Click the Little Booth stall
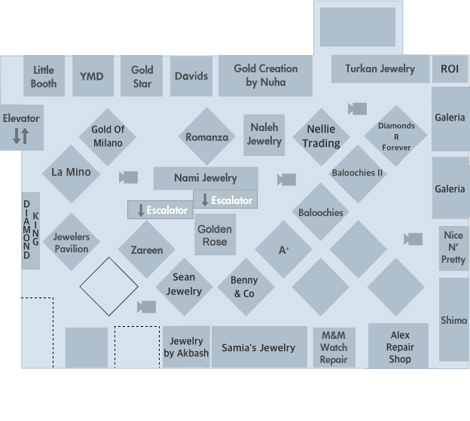click(x=44, y=77)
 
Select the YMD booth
click(x=93, y=77)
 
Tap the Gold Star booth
click(x=142, y=77)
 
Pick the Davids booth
click(x=191, y=77)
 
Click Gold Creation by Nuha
click(x=265, y=75)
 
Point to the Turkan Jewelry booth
click(x=380, y=69)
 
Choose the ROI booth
click(x=450, y=69)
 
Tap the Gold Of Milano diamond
click(x=108, y=136)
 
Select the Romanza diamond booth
click(x=206, y=137)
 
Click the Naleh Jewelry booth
click(x=264, y=135)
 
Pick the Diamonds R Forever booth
click(x=395, y=136)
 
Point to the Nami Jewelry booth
click(x=205, y=178)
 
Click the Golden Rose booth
click(x=215, y=235)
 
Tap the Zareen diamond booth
click(x=146, y=250)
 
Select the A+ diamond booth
click(x=284, y=250)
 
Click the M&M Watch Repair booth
click(x=334, y=347)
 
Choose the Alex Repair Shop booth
click(x=399, y=346)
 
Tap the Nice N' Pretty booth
click(x=453, y=247)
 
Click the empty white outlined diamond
click(x=109, y=286)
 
